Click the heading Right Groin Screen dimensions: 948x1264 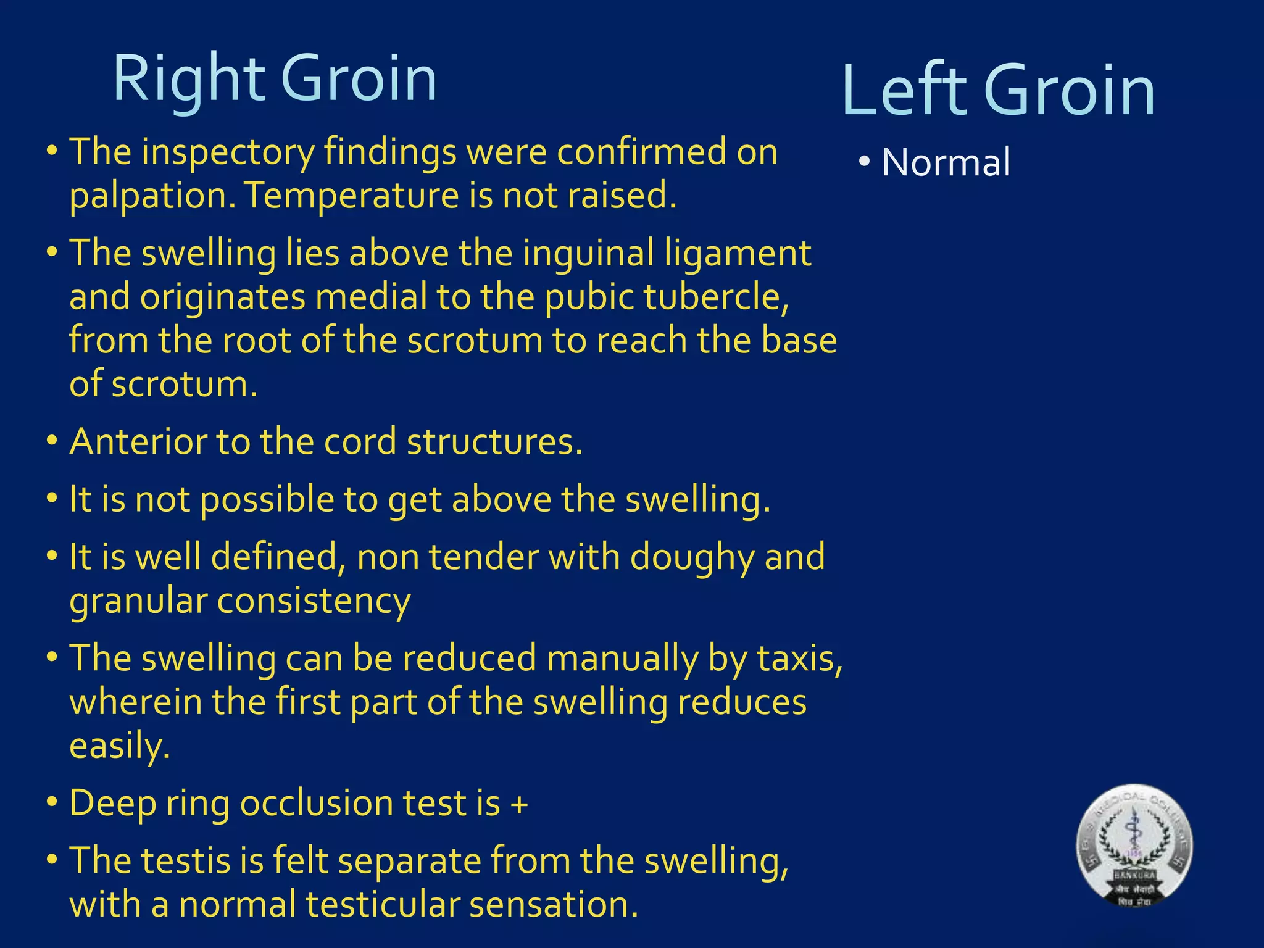(275, 78)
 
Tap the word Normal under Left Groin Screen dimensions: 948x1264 (946, 162)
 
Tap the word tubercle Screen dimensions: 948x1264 (716, 297)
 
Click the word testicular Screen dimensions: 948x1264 (382, 905)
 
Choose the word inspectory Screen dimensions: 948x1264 (228, 153)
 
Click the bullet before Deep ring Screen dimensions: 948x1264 (52, 802)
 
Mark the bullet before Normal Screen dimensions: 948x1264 (864, 162)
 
